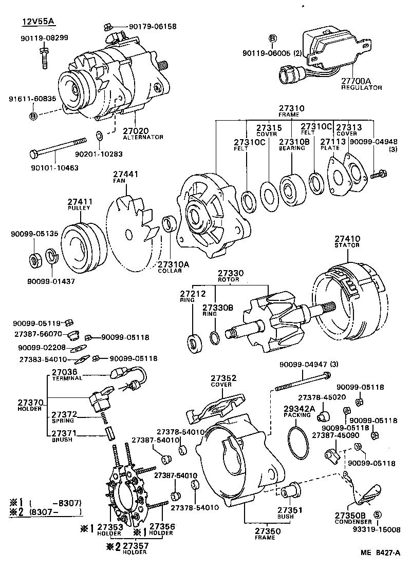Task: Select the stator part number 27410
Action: (348, 239)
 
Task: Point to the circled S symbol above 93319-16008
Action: (377, 515)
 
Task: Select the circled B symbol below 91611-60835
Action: (33, 117)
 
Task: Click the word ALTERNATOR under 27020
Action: (143, 137)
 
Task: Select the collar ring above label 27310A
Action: (168, 224)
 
